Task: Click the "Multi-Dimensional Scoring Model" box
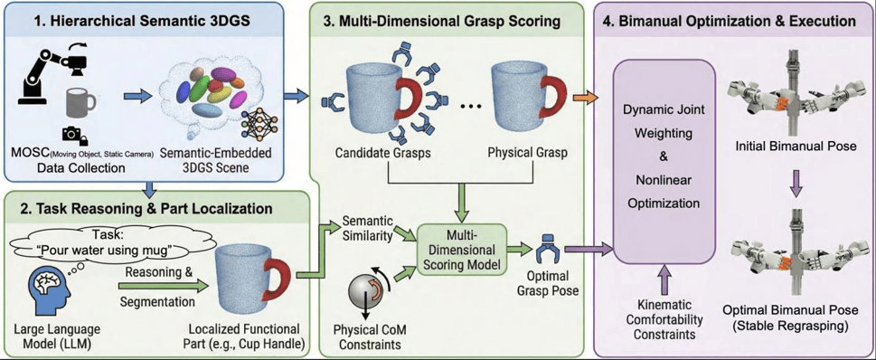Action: click(461, 250)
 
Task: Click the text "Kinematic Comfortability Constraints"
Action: click(664, 320)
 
